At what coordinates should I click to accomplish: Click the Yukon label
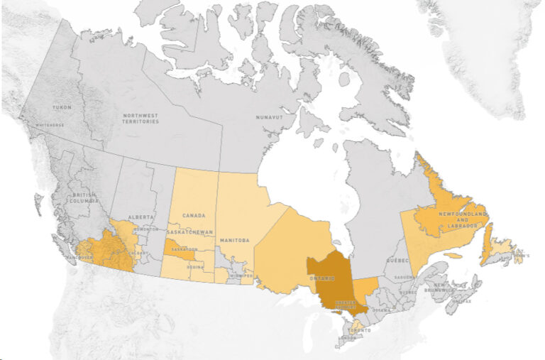[62, 107]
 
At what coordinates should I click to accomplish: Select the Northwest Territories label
[139, 118]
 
